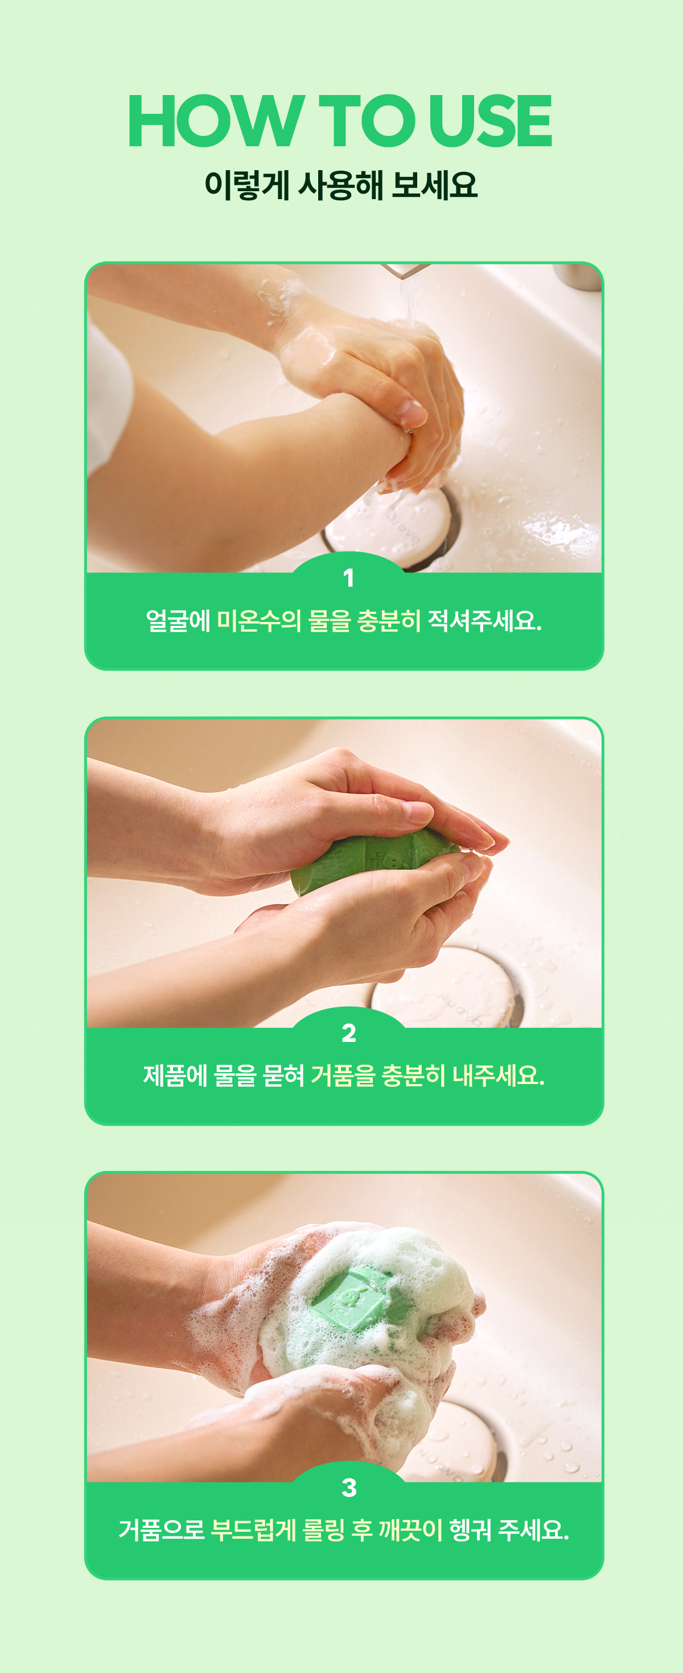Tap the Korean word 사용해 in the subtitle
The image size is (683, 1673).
coord(340,185)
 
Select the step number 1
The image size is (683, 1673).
coord(348,578)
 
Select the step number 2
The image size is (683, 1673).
coord(349,1033)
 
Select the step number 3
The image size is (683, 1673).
coord(349,1487)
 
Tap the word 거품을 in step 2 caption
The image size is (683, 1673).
coord(343,1075)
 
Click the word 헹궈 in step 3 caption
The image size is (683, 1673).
coord(470,1530)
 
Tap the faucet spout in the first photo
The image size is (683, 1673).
coord(405,269)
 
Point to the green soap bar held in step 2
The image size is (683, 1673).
coord(371,860)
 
